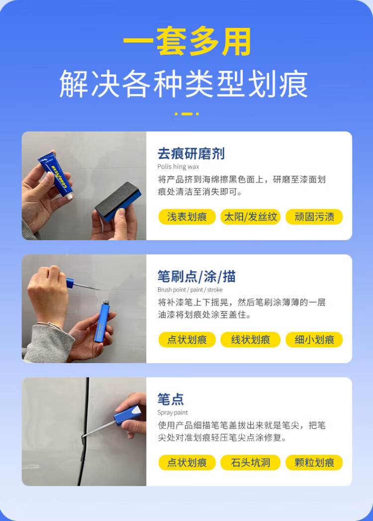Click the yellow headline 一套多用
point(187,41)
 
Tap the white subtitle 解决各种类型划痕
point(184,84)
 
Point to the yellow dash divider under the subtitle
point(187,114)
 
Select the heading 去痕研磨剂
point(191,154)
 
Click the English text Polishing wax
point(178,166)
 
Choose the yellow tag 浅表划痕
point(187,217)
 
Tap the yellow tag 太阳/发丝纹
point(251,217)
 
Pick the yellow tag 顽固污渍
point(314,217)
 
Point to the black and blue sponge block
point(118,201)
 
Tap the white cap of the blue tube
point(69,196)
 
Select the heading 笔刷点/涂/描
point(196,276)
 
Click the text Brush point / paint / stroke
point(190,290)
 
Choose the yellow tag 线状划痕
point(251,340)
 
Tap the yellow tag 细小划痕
point(314,340)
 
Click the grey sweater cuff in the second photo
point(50,344)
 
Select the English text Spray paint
point(173,413)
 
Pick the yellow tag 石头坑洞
point(251,463)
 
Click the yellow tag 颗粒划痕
point(314,463)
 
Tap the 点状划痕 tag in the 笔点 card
point(187,463)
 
